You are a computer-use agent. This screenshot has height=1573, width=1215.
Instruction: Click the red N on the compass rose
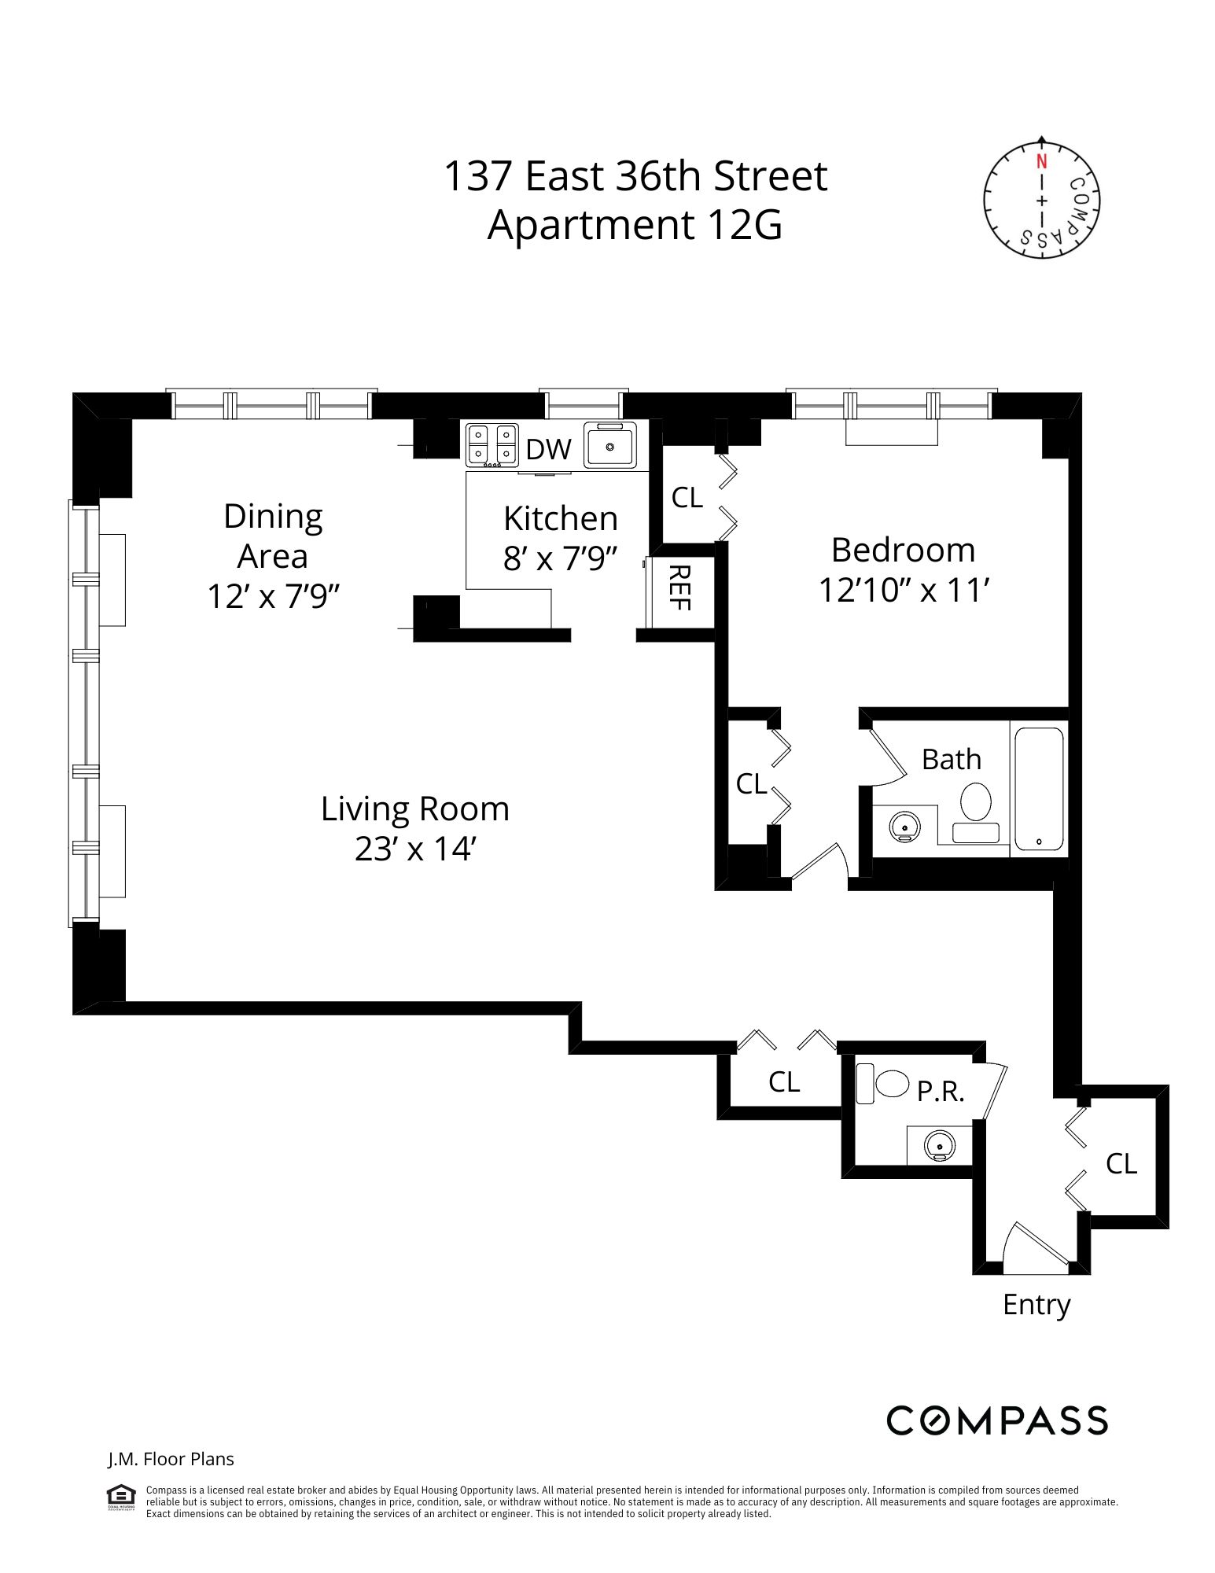1041,162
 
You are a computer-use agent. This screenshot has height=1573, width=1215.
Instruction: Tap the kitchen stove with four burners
492,445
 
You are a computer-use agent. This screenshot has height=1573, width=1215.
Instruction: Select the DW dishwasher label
548,449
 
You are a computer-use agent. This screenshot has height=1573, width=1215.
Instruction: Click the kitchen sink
609,446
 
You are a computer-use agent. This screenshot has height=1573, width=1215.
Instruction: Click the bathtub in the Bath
1038,788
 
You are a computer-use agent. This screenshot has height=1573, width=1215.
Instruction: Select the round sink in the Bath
904,827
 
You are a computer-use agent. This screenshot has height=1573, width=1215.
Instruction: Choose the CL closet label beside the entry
1121,1163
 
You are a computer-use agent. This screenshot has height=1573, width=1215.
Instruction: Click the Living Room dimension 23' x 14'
415,849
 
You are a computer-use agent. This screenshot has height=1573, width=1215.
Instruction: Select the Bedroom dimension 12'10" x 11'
903,590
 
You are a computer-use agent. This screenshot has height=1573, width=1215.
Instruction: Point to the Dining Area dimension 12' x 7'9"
273,596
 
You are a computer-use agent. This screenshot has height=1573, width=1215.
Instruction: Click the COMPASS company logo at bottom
996,1420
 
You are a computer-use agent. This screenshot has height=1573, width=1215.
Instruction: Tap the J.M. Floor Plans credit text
171,1459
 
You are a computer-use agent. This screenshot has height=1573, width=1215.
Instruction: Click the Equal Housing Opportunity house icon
121,1497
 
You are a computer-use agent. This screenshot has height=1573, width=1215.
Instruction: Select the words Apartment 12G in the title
635,225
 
